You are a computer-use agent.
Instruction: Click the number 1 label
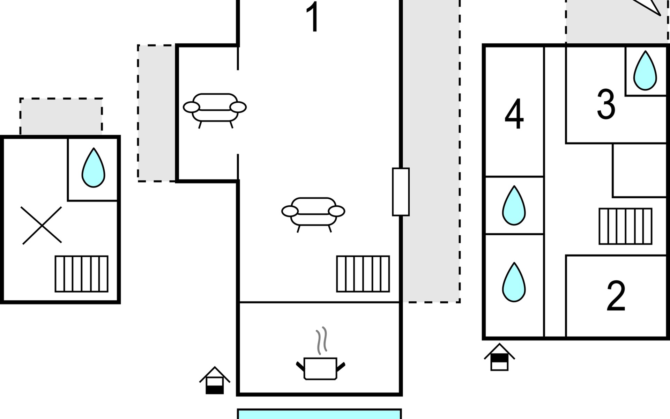point(313,17)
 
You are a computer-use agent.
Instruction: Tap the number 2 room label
point(616,295)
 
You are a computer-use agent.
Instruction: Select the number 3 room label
point(606,104)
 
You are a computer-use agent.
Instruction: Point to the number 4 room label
point(514,114)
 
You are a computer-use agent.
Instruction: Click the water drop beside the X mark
point(93,168)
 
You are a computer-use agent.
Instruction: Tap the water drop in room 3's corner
point(645,71)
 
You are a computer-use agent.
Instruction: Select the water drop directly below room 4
point(514,205)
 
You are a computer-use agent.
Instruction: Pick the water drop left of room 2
point(514,282)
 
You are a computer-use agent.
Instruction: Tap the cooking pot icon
point(320,369)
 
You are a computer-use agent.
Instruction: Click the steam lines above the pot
point(322,340)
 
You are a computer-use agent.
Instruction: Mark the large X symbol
point(42,225)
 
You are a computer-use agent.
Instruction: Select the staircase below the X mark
point(82,274)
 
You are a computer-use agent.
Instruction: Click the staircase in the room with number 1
point(363,274)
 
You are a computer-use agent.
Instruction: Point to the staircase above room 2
point(625,226)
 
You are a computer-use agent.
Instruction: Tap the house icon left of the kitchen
point(215,380)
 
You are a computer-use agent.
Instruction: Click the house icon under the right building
point(499,357)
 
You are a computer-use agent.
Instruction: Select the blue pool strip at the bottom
point(319,414)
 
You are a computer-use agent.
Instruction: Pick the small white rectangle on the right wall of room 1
point(401,192)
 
